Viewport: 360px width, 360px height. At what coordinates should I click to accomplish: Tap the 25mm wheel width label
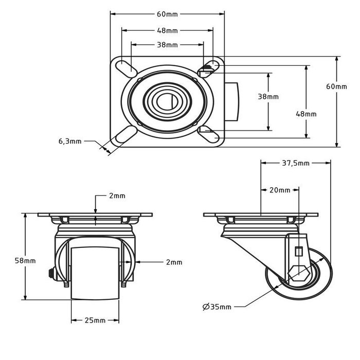click(95, 320)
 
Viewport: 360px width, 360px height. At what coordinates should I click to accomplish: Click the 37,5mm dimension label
click(296, 163)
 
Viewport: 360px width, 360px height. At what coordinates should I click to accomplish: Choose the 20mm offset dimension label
click(280, 190)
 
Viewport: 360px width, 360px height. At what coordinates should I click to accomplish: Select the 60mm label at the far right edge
click(336, 86)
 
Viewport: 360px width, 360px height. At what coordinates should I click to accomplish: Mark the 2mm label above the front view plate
click(117, 196)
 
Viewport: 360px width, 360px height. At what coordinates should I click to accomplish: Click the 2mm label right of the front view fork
click(174, 262)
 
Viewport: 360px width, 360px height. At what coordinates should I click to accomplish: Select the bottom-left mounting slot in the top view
click(125, 136)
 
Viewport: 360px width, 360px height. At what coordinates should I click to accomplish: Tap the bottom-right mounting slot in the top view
click(210, 136)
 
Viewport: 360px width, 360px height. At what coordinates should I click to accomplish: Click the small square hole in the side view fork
click(298, 251)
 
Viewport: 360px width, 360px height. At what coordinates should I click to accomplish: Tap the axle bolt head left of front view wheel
click(51, 273)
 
